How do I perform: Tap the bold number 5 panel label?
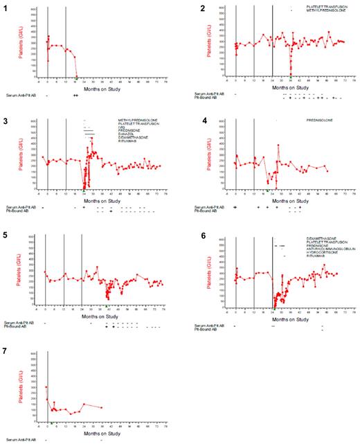(7, 236)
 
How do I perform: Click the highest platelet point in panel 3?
(91, 138)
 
